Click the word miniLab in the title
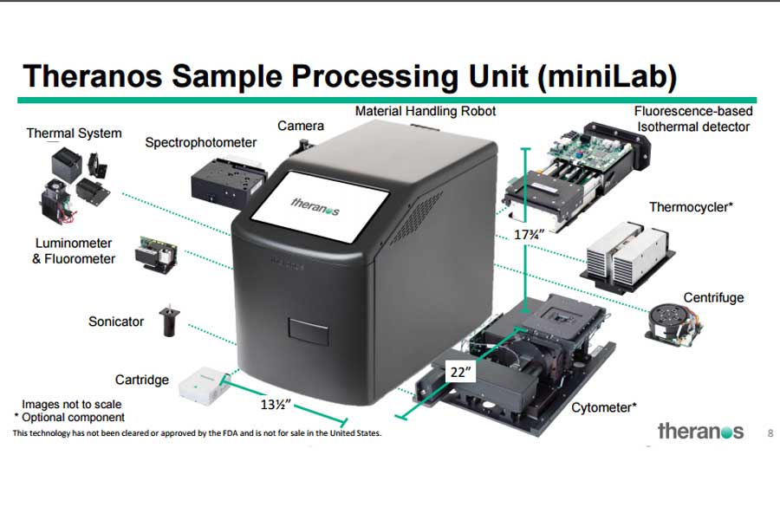pyautogui.click(x=608, y=76)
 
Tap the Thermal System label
pyautogui.click(x=74, y=133)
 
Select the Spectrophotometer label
pyautogui.click(x=200, y=142)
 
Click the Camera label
pyautogui.click(x=301, y=127)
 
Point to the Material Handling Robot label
pyautogui.click(x=426, y=112)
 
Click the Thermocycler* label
pyautogui.click(x=692, y=207)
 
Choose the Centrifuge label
pyautogui.click(x=714, y=297)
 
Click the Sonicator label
pyautogui.click(x=116, y=322)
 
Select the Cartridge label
pyautogui.click(x=142, y=380)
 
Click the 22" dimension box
pyautogui.click(x=460, y=372)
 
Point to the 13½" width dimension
pyautogui.click(x=274, y=405)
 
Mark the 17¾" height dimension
pyautogui.click(x=525, y=235)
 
